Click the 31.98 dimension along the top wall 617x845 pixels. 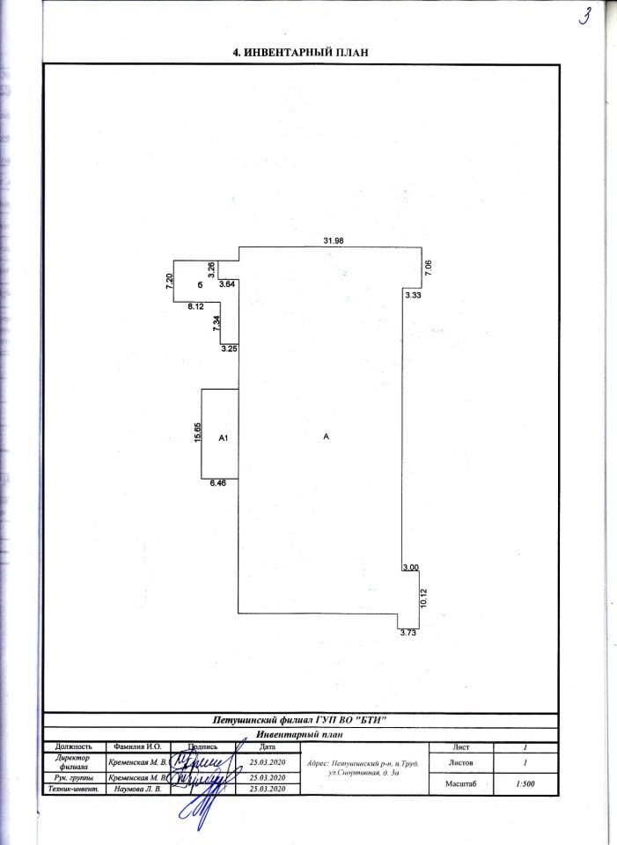[333, 240]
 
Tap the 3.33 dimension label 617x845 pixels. [415, 296]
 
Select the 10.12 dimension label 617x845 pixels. [423, 598]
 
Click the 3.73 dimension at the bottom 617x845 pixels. [408, 632]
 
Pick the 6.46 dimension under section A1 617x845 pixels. [218, 483]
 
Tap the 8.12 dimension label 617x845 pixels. [195, 306]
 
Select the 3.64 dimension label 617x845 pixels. [226, 284]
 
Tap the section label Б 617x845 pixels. [200, 284]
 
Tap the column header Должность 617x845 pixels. [74, 746]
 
